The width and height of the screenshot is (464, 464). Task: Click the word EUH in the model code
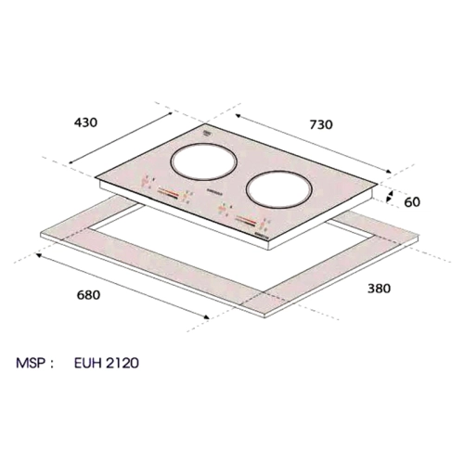[x=88, y=363]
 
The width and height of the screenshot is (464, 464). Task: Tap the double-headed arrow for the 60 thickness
[x=391, y=197]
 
